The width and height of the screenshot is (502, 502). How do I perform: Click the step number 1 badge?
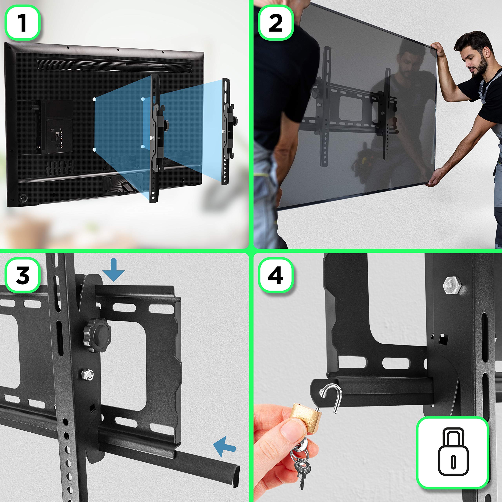tap(23, 23)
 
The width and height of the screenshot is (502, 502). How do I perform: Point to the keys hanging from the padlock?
tap(301, 463)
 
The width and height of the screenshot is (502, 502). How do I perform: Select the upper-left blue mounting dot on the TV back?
tap(94, 99)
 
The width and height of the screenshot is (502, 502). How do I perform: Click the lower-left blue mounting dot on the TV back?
tap(94, 149)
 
